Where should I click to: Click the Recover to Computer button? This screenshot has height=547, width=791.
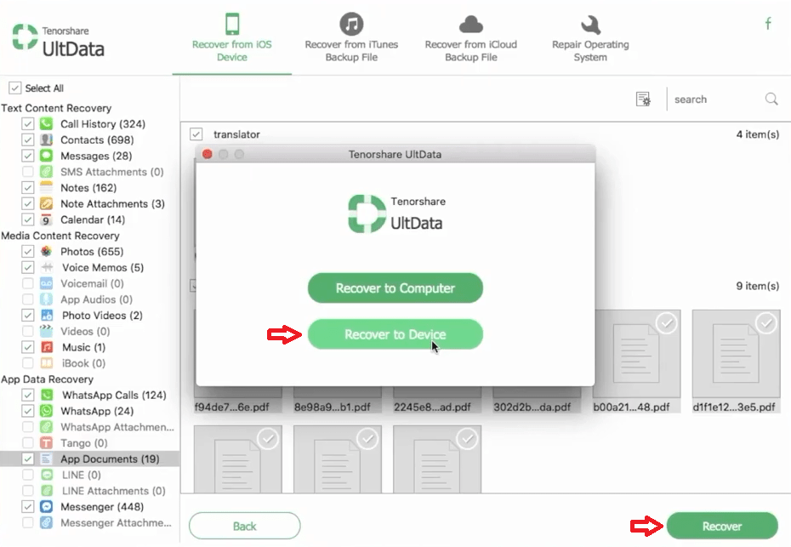(395, 288)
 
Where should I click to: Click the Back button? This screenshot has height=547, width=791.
(244, 526)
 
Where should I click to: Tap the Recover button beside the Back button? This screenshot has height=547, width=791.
(721, 526)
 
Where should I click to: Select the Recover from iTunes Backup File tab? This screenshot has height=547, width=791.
(351, 38)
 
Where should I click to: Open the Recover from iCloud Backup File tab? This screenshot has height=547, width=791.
(470, 38)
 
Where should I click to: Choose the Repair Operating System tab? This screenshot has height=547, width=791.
(590, 38)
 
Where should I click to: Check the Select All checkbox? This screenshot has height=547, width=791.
(14, 88)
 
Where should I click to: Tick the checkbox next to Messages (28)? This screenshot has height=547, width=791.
(28, 157)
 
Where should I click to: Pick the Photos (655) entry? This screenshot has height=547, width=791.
(91, 252)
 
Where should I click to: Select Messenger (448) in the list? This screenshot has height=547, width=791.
(100, 507)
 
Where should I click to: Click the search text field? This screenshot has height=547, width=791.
(714, 100)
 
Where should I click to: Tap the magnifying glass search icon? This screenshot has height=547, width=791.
(771, 100)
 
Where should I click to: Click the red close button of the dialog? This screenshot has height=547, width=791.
(208, 155)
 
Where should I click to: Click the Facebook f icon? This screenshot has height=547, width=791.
(768, 24)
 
